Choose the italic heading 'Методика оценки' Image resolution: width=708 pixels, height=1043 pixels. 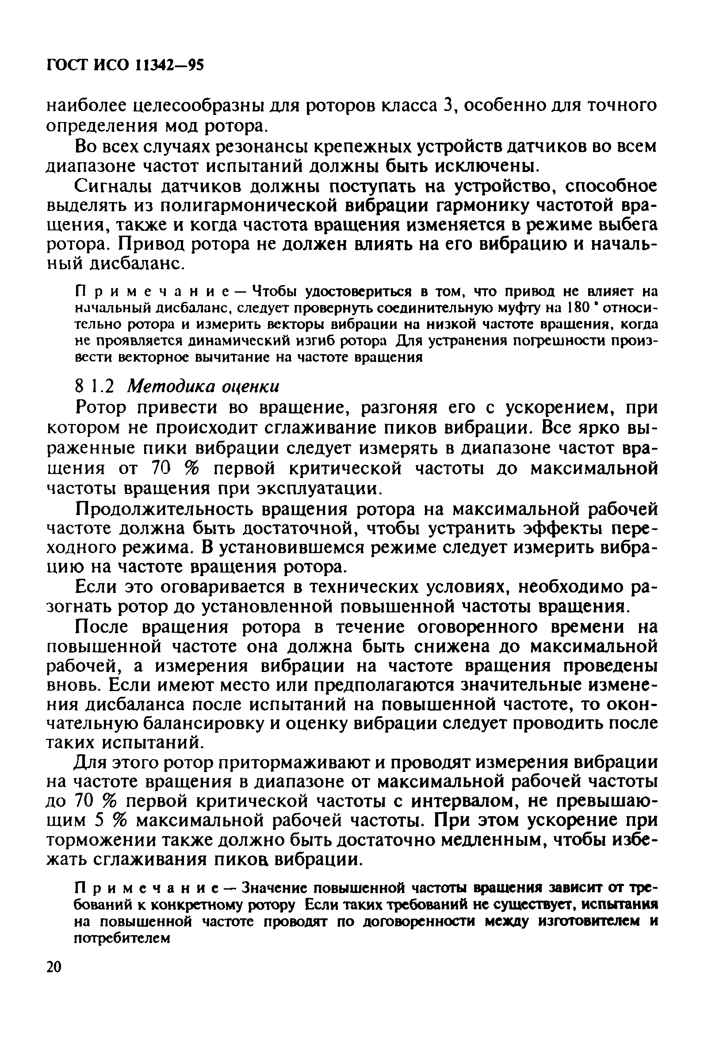pos(204,386)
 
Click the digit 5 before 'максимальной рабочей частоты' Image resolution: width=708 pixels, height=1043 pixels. pos(100,822)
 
